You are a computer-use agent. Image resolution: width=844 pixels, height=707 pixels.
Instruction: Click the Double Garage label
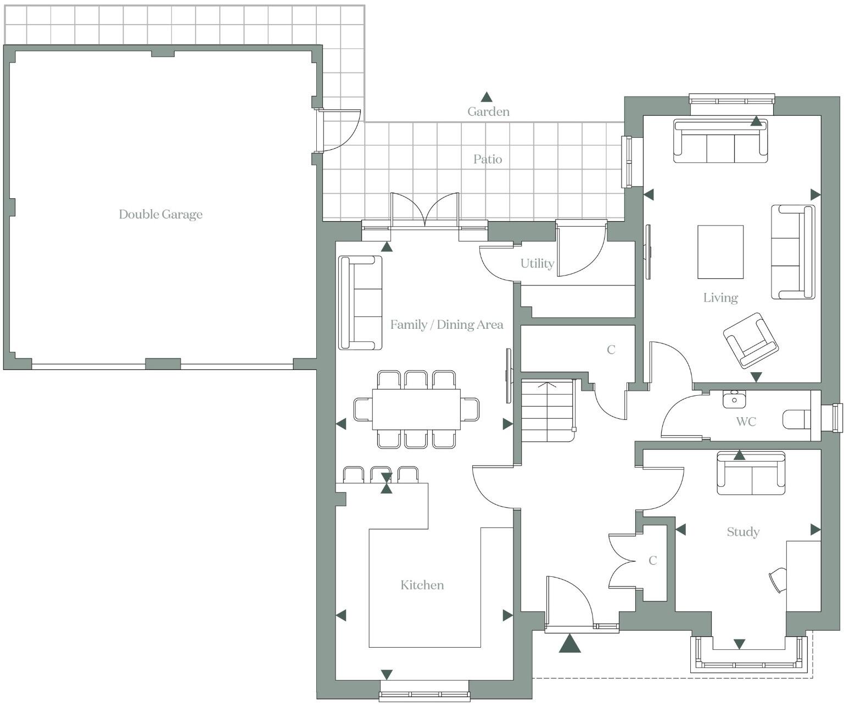click(x=160, y=214)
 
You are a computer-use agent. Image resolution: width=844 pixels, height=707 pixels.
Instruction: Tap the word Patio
click(x=488, y=159)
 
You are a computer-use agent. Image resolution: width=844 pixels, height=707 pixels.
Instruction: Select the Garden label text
click(x=488, y=111)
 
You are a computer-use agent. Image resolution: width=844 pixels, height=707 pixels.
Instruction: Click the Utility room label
click(x=536, y=263)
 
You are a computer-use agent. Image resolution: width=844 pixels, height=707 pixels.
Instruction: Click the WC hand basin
click(x=734, y=399)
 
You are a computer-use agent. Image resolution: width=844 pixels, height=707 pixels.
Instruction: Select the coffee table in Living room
click(x=720, y=252)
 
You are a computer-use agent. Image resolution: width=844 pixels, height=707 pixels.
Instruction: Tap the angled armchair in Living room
click(x=750, y=340)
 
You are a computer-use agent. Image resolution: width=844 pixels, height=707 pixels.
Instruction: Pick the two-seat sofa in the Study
click(x=751, y=473)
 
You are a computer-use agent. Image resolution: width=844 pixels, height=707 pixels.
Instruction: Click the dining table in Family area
click(x=416, y=409)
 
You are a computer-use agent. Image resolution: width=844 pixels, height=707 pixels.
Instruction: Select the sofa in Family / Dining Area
click(x=360, y=302)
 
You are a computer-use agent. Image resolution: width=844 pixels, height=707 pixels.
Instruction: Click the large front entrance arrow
click(x=569, y=643)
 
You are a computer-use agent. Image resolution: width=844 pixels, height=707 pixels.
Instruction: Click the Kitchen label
click(x=422, y=585)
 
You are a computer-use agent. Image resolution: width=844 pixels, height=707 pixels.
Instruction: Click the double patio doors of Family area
click(x=424, y=211)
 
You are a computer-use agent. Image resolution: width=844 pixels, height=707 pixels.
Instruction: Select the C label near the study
click(x=652, y=560)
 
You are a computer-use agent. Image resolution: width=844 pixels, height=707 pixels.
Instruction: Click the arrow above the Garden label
click(x=487, y=97)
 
